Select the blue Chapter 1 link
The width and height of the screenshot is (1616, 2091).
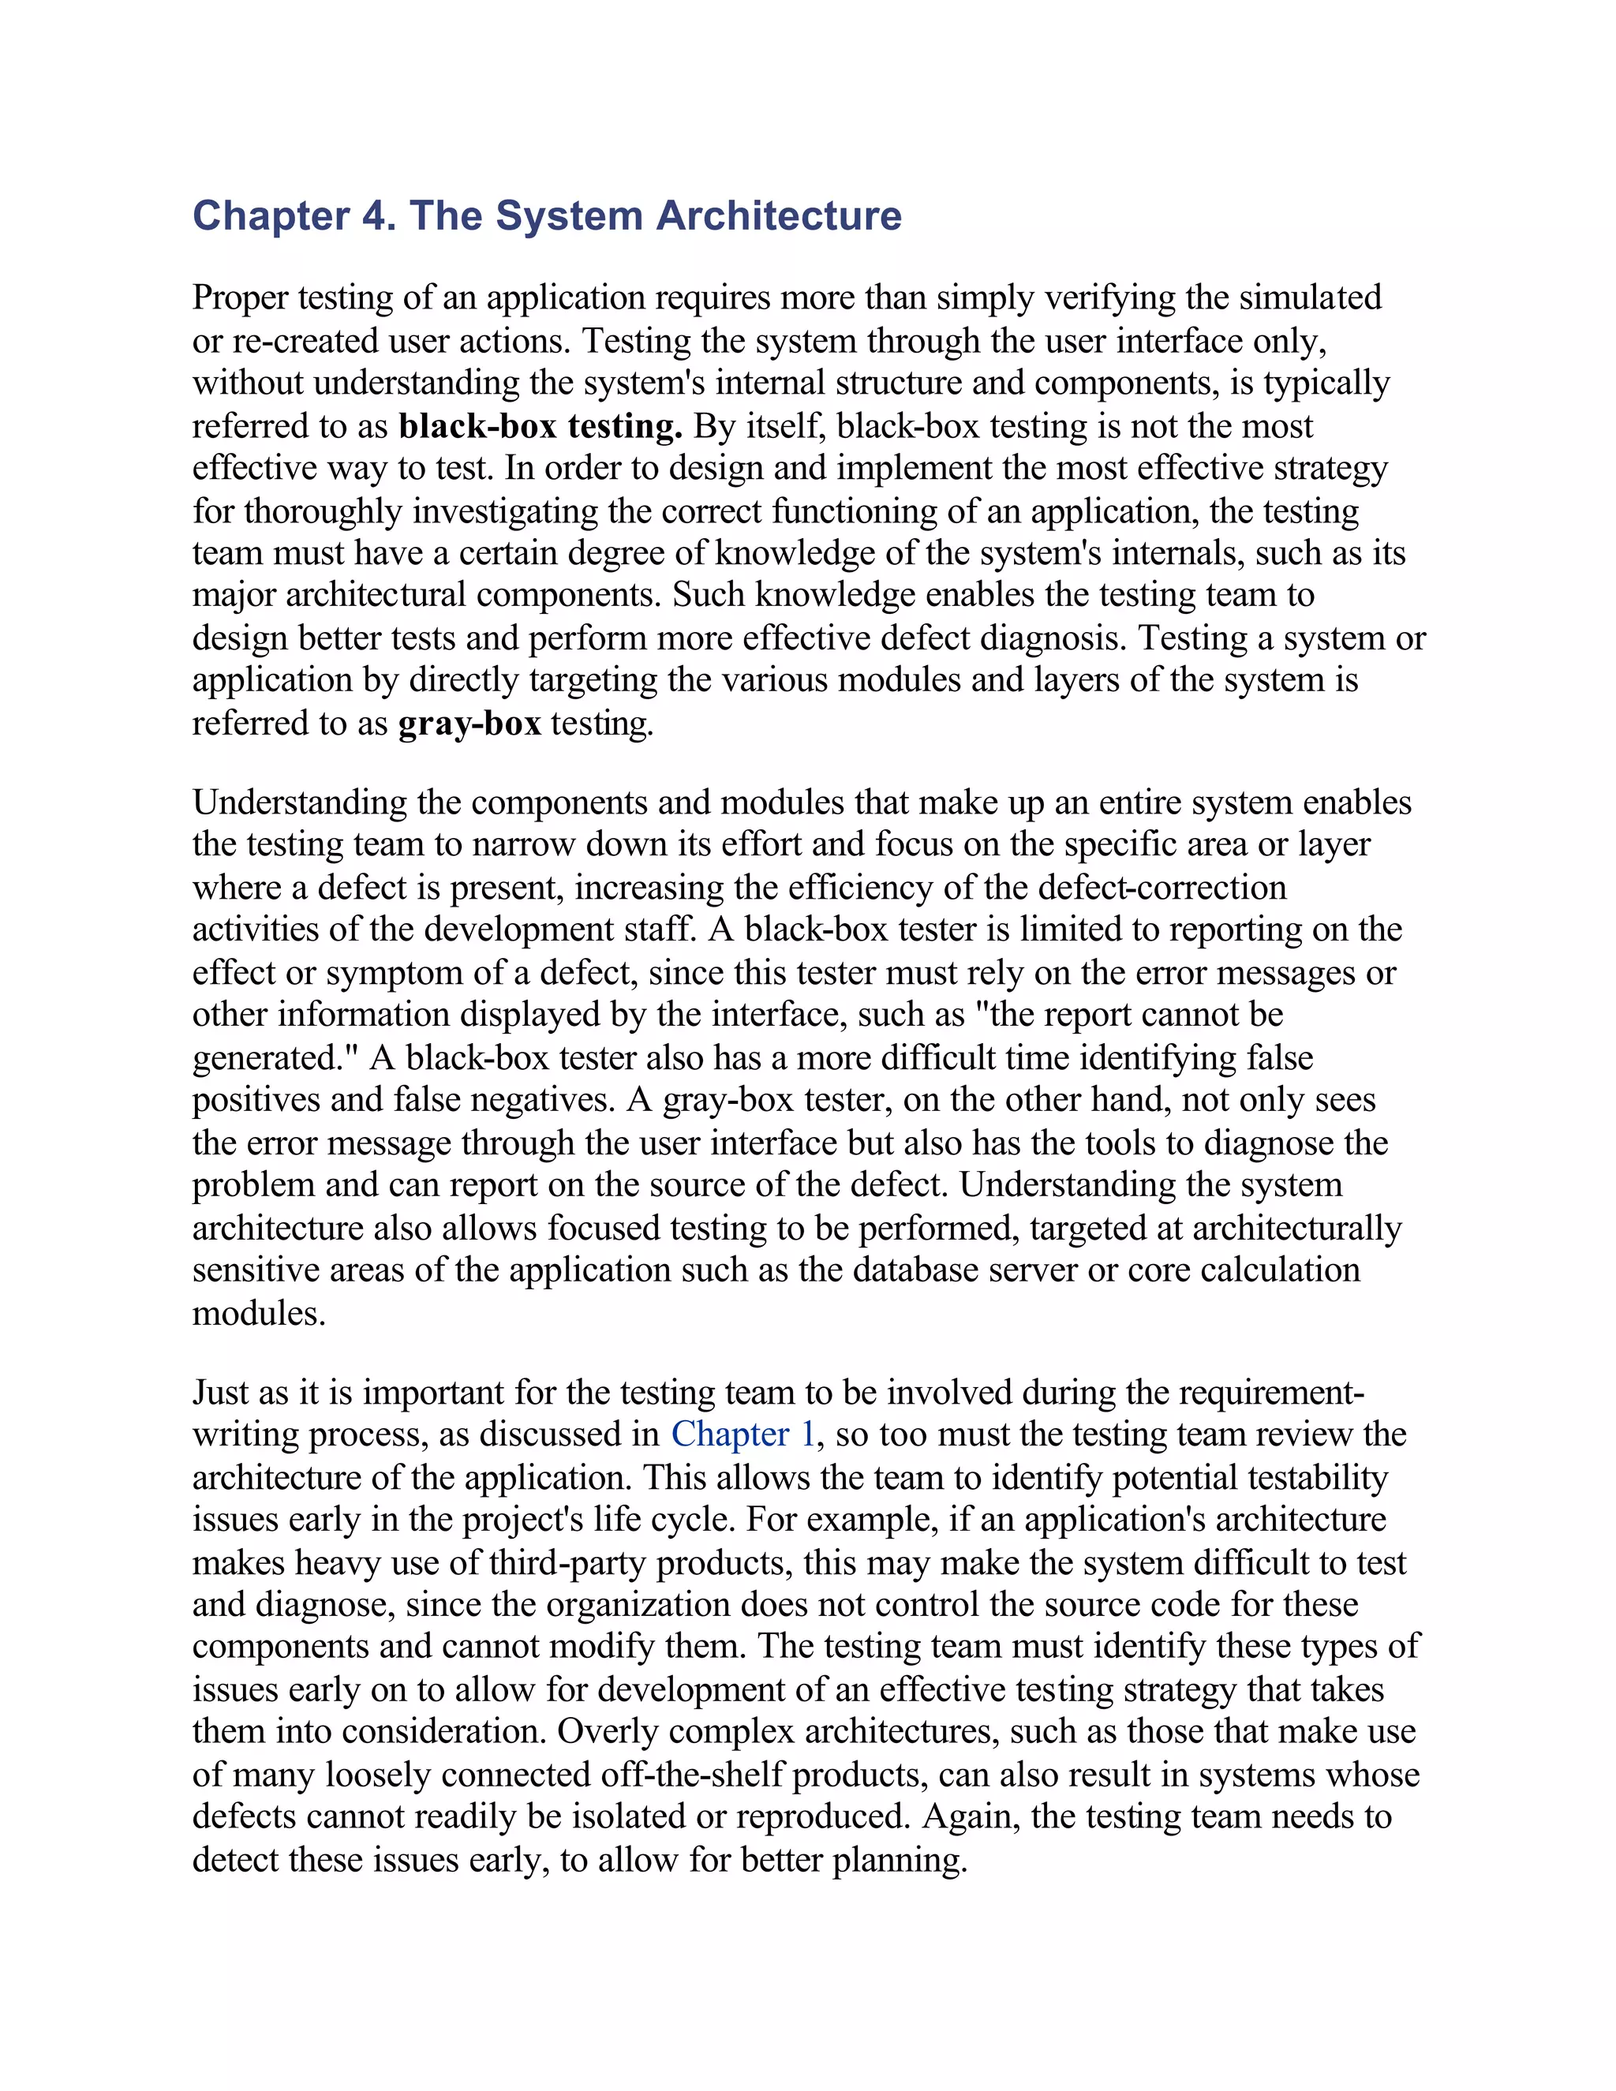coord(743,1435)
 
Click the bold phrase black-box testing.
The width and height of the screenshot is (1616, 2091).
coord(540,426)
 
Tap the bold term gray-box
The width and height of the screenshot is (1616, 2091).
coord(469,723)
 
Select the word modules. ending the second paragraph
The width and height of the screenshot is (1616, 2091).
coord(259,1313)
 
